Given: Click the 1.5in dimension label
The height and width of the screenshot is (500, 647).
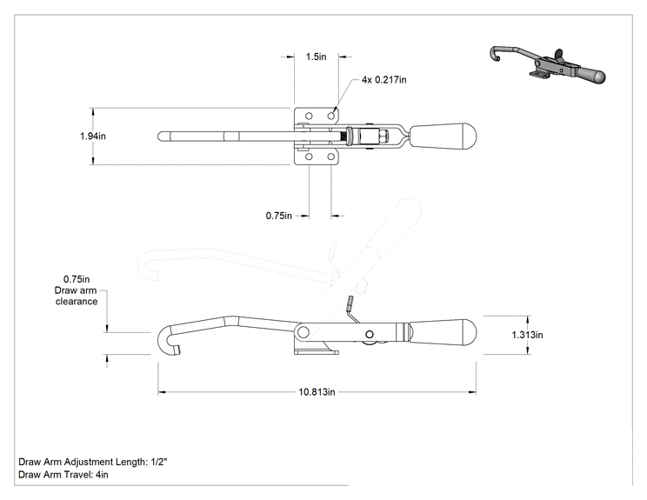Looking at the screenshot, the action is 316,57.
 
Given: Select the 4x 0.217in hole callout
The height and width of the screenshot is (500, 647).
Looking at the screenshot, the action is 384,80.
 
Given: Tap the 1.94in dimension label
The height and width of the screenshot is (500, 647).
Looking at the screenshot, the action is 93,137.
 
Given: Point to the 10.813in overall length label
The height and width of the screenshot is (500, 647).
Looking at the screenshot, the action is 317,392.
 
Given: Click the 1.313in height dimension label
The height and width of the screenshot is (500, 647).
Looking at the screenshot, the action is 527,335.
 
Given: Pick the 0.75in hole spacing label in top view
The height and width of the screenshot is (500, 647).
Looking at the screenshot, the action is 279,216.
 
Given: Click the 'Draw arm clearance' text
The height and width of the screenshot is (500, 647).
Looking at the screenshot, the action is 77,296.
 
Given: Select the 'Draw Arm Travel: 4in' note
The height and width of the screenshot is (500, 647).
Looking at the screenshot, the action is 63,475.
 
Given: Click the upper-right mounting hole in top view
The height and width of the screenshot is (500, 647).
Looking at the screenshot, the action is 331,116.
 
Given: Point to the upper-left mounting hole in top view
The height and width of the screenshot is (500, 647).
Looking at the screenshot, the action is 309,116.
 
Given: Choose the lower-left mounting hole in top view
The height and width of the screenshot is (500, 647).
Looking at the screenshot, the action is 309,157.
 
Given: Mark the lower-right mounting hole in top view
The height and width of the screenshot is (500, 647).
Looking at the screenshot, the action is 331,157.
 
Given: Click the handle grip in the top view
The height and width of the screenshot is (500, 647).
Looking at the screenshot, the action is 443,136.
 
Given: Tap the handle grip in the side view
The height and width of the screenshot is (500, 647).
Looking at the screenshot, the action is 443,332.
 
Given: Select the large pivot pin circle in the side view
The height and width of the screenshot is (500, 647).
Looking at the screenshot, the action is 303,331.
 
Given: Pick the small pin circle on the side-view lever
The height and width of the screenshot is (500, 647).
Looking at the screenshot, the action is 370,334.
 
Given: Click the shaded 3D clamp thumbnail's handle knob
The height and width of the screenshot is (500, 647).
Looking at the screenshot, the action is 592,76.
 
